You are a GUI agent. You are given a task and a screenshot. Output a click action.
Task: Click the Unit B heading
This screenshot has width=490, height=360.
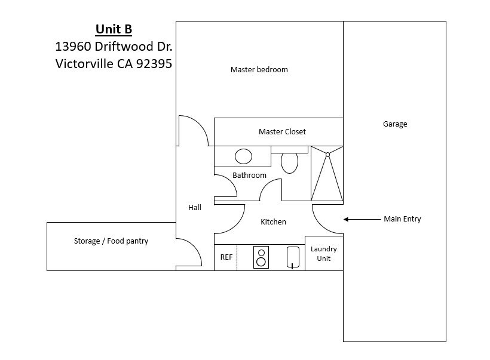tap(114, 29)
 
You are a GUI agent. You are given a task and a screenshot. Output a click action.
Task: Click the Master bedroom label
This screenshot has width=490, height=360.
tap(259, 70)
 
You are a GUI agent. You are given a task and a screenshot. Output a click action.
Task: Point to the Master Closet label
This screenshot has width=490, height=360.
tap(282, 132)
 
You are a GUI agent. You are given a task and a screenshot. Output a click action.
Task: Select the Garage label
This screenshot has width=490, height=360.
tap(394, 124)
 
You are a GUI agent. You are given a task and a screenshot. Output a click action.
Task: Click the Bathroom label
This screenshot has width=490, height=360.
tap(249, 176)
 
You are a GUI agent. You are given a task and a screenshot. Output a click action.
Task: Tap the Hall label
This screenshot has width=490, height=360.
tap(194, 208)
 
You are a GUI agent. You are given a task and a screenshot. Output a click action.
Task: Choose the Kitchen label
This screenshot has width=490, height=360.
tap(273, 222)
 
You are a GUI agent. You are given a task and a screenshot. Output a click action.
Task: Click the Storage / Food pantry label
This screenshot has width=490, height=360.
tap(111, 241)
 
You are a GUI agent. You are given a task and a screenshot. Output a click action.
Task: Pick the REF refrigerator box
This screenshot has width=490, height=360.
tap(226, 257)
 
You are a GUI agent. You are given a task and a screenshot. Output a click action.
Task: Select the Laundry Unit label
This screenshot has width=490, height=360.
tap(323, 254)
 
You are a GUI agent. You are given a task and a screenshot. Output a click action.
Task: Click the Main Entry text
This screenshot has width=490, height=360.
tap(402, 219)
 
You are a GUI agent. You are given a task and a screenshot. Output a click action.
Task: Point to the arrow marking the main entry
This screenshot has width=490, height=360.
tap(362, 219)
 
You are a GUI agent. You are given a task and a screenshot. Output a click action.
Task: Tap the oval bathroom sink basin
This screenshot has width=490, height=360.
tap(243, 156)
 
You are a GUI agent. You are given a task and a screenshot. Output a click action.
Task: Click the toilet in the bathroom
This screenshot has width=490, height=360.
tap(289, 162)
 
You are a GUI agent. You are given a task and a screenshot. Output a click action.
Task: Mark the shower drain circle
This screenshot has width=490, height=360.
tap(327, 155)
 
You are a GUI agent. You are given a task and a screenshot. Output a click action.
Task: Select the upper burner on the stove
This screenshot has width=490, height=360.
tap(261, 253)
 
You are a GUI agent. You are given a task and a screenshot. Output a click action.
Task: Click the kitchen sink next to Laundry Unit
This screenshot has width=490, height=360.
tap(292, 257)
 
